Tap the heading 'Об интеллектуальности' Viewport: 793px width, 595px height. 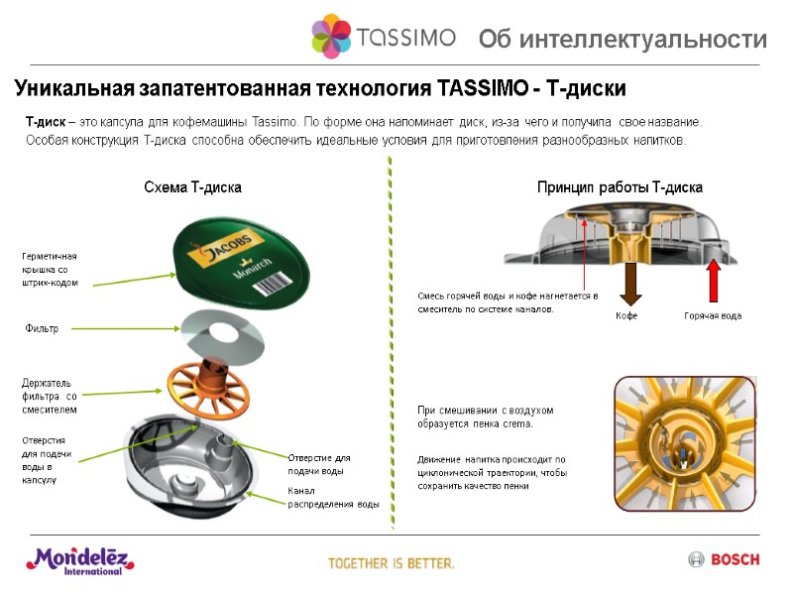(623, 40)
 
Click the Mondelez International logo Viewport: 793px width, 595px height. (80, 561)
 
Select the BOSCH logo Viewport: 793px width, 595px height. (724, 560)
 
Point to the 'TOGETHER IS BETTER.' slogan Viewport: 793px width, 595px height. (392, 563)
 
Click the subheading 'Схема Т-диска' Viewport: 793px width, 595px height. (192, 186)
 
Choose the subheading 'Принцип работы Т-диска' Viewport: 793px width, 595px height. (620, 186)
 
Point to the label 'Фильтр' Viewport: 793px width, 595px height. (41, 328)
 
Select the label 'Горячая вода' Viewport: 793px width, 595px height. (712, 316)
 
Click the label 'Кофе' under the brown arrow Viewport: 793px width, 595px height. (626, 316)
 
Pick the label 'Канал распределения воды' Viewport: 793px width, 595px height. (333, 498)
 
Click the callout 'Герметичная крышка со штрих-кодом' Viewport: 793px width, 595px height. (49, 270)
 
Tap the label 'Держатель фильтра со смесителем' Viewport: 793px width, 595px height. (49, 396)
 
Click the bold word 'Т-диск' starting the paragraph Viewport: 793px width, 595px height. (45, 122)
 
